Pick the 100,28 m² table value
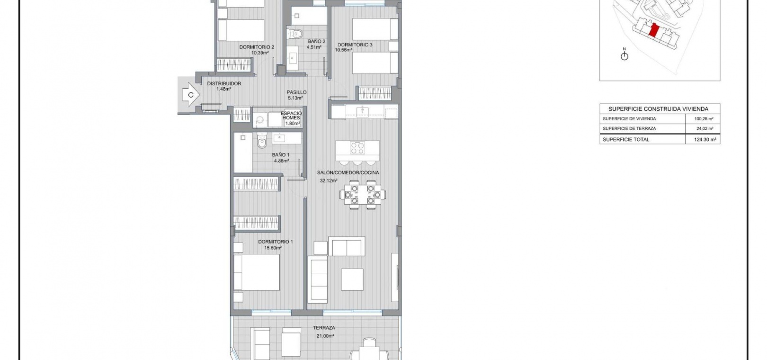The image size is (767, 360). [704, 119]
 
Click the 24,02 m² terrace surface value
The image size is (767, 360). [705, 129]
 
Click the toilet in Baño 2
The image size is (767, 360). [295, 34]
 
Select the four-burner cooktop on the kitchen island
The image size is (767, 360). [357, 148]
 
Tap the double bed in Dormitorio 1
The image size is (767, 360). [257, 272]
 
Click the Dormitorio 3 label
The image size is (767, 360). [355, 45]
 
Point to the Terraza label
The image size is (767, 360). [324, 328]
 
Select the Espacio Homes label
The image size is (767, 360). [291, 116]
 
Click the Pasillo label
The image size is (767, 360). [296, 92]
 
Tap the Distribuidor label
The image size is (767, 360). [224, 83]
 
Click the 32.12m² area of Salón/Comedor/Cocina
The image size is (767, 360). [329, 180]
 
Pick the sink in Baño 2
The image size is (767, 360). [293, 58]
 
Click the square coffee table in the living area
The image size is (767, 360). [352, 279]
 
